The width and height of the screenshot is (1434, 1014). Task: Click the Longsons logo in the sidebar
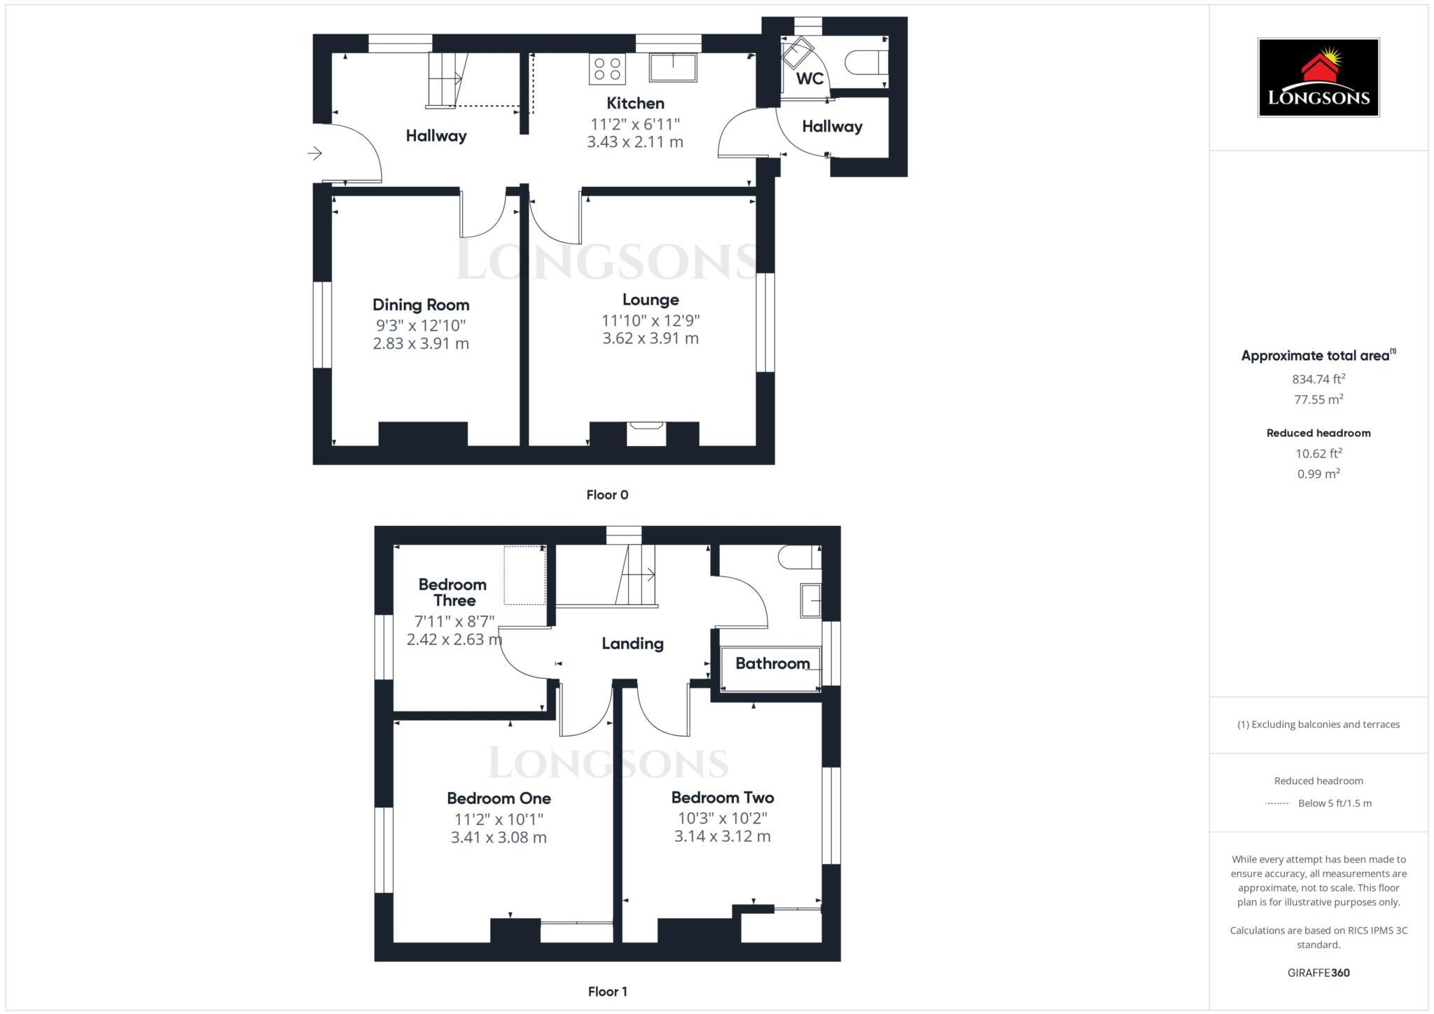click(x=1318, y=78)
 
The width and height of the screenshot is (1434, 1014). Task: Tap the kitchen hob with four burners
click(x=607, y=69)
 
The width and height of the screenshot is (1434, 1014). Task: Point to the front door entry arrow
click(x=314, y=153)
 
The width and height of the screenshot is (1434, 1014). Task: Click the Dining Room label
click(x=421, y=305)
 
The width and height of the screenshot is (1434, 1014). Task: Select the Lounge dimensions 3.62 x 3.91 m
click(x=650, y=338)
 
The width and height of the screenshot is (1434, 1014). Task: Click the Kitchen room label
click(x=635, y=104)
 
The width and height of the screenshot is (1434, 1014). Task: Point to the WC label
click(x=809, y=78)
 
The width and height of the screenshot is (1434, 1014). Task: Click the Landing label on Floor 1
click(x=632, y=644)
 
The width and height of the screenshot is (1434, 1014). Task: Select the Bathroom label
click(x=772, y=663)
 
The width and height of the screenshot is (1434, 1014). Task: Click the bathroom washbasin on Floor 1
click(x=810, y=600)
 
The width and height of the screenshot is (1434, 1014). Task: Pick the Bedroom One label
click(x=499, y=798)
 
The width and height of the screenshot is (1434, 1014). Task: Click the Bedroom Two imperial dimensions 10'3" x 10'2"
click(x=723, y=818)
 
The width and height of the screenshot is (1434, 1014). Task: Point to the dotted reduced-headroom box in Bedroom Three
click(x=524, y=575)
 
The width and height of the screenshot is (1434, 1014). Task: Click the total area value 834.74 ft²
click(x=1318, y=379)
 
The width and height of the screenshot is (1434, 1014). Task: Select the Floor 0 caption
click(x=607, y=495)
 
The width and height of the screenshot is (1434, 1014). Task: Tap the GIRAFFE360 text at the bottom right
click(x=1318, y=973)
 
